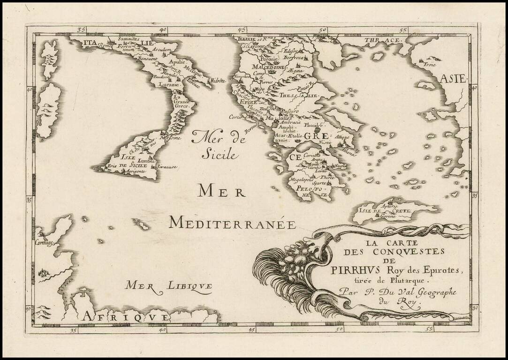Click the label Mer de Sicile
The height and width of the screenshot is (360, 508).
(215, 144)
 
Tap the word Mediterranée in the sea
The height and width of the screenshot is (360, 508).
(232, 223)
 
